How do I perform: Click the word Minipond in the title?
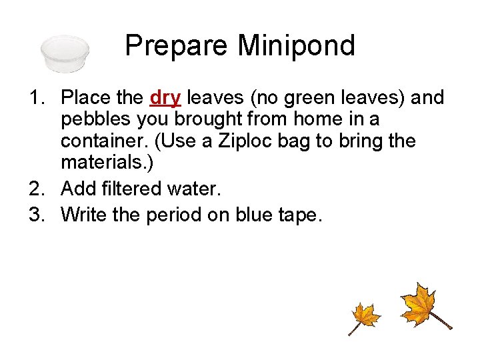(x=297, y=46)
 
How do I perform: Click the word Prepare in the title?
(x=177, y=47)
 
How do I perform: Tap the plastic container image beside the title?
(x=65, y=53)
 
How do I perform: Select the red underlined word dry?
(x=165, y=99)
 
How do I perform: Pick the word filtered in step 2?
(x=142, y=189)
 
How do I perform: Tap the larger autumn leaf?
(x=421, y=305)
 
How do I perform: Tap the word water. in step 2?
(x=195, y=189)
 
